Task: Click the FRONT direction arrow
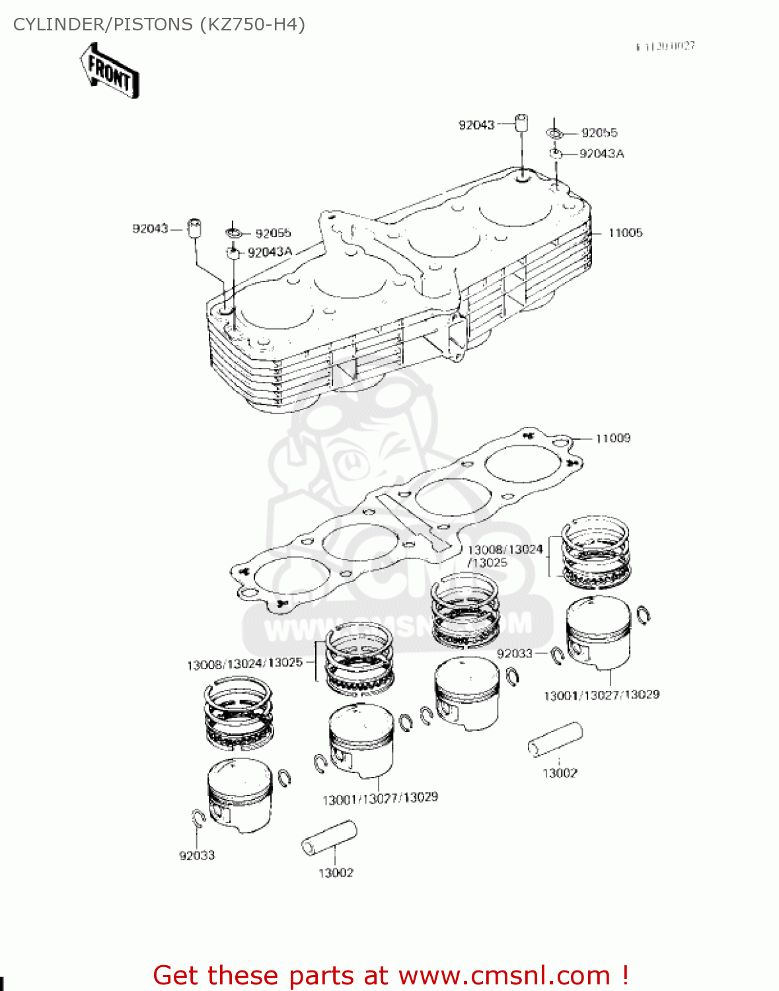(110, 71)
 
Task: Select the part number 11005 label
(625, 233)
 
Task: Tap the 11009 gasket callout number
(612, 438)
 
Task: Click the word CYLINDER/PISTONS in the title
(102, 24)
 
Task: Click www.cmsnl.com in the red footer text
(504, 975)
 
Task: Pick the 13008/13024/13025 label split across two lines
(505, 556)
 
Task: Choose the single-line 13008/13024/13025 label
(244, 663)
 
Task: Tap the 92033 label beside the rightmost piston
(514, 653)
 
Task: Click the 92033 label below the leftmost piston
(197, 856)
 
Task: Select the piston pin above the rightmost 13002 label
(556, 739)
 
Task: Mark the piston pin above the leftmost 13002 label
(329, 839)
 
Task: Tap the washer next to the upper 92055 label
(555, 134)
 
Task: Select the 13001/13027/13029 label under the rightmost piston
(601, 695)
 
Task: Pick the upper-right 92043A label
(601, 153)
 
